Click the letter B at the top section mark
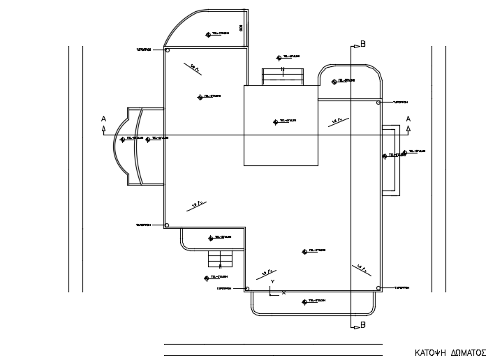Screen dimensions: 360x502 (363, 44)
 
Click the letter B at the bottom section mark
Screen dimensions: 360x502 (362, 326)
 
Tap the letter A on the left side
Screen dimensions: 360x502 (103, 119)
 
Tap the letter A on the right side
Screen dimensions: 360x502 (408, 119)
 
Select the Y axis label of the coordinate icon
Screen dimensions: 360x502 (272, 280)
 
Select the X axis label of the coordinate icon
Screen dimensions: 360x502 (283, 292)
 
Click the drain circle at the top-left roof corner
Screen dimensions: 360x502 (168, 50)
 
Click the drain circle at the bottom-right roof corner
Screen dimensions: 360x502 (378, 287)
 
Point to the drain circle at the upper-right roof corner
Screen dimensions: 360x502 (378, 103)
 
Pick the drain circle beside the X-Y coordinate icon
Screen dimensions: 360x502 (247, 287)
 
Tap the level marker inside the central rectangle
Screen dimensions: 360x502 (274, 121)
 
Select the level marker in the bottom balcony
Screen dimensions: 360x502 (304, 301)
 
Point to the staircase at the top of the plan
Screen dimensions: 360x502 (283, 75)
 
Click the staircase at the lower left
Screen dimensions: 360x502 (220, 260)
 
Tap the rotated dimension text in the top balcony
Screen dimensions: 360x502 (240, 27)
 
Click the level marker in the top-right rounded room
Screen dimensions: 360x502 (334, 81)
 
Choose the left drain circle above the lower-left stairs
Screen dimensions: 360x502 (168, 225)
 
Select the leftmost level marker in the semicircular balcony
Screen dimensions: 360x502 (123, 139)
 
